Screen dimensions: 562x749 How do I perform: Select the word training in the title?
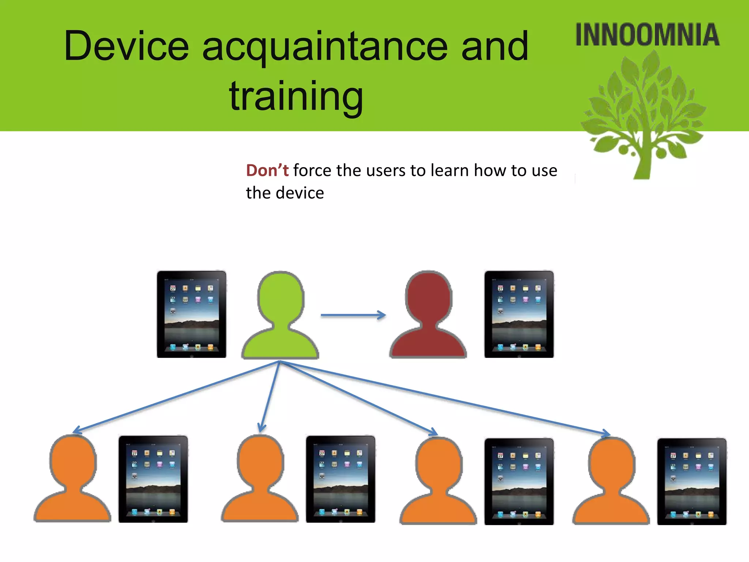pos(296,96)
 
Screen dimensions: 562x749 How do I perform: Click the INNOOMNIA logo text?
pos(647,35)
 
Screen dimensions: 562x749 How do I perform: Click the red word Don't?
pos(267,171)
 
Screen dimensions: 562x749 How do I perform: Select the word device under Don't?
pos(300,193)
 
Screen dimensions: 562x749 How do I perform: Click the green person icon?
pos(280,315)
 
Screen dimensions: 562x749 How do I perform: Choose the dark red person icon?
pos(428,315)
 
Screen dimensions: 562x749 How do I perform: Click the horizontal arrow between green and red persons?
pos(353,315)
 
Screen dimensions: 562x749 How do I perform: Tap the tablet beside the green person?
pos(191,314)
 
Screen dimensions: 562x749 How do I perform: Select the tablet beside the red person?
pos(519,314)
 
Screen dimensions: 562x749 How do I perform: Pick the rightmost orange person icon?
pos(611,481)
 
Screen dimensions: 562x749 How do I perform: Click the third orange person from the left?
pos(438,481)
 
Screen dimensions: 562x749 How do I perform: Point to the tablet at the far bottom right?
pos(692,482)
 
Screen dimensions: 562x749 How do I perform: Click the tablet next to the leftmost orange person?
pos(153,479)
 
